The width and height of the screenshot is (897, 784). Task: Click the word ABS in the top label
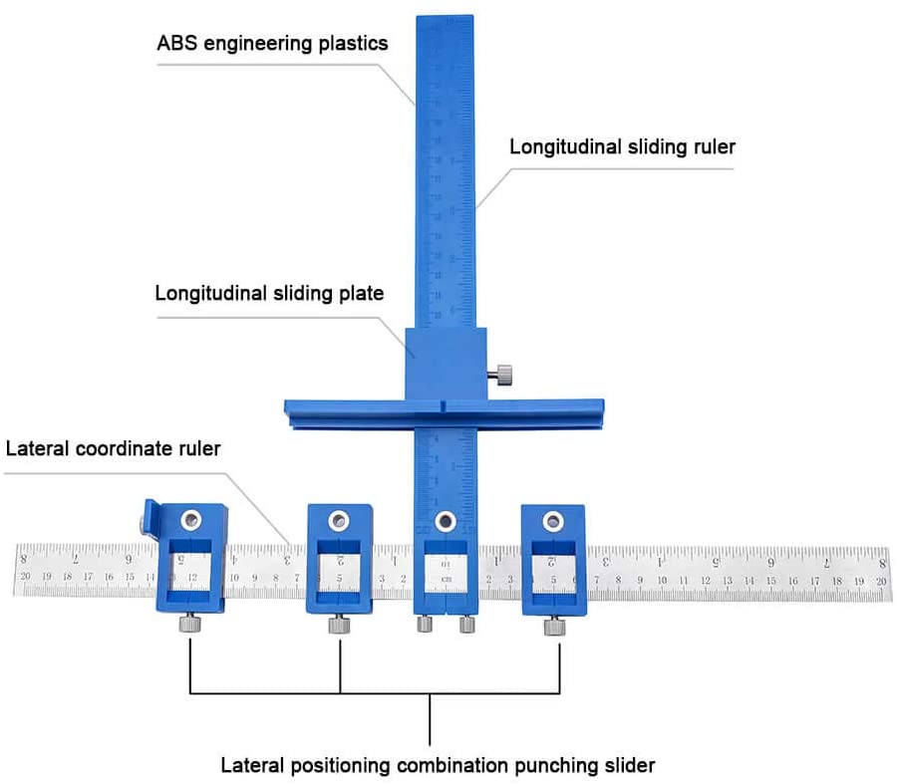click(x=177, y=44)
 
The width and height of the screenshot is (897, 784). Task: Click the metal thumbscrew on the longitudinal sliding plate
click(x=500, y=375)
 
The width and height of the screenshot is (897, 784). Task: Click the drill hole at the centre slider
click(x=446, y=519)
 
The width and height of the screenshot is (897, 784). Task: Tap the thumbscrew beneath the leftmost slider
click(x=188, y=625)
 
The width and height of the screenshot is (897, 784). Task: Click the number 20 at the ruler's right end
click(x=880, y=580)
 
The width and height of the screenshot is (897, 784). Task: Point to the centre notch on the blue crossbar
click(x=439, y=406)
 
